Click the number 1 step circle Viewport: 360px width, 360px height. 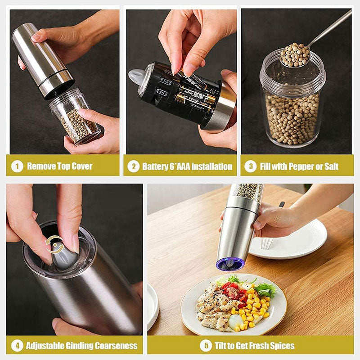point(17,166)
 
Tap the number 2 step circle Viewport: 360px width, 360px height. point(133,166)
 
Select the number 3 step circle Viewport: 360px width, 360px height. point(250,166)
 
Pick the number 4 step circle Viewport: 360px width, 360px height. point(17,346)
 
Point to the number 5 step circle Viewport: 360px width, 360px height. point(206,346)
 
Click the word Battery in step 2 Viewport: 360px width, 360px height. point(155,166)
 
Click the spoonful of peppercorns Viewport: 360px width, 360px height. point(295,55)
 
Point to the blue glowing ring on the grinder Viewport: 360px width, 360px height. point(230,264)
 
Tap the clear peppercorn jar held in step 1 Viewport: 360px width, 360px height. point(76,118)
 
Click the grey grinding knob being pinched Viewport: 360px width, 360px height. point(63,256)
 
